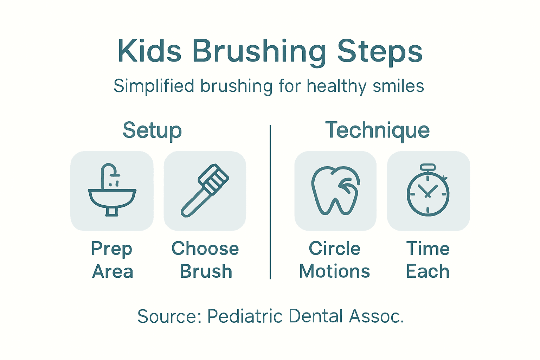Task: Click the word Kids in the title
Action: pos(149,51)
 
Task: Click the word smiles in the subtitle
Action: pos(398,86)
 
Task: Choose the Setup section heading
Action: pos(152,130)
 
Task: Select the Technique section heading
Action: pos(377,130)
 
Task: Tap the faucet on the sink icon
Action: pos(109,172)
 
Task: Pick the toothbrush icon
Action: pos(205,191)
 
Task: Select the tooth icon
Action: pos(335,191)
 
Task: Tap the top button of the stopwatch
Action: pos(428,167)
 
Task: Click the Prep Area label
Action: pos(112,260)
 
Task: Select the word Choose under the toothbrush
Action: pos(205,249)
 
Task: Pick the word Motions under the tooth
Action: pos(335,272)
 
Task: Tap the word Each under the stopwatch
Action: pos(428,272)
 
